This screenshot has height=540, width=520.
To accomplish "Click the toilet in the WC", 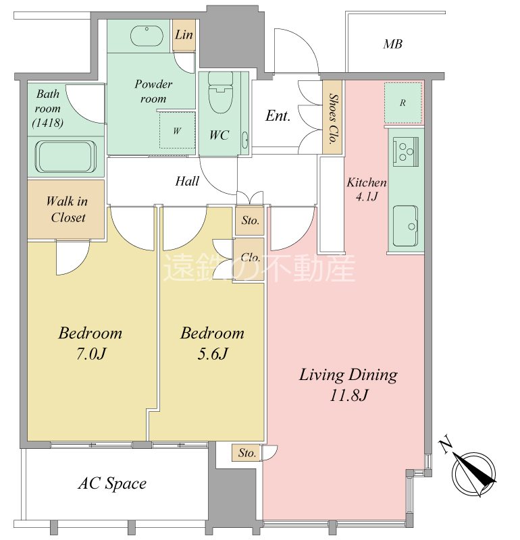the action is click(221, 92).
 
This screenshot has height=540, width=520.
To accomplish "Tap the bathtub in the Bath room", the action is click(65, 157).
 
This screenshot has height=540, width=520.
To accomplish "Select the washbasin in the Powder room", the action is click(147, 36).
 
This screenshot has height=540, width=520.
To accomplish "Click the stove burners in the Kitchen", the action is click(406, 151).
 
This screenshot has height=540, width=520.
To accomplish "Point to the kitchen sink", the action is click(406, 226).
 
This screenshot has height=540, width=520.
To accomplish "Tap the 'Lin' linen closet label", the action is click(184, 34).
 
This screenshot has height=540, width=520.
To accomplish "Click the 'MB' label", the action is click(392, 44).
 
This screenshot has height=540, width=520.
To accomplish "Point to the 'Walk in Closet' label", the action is click(67, 209).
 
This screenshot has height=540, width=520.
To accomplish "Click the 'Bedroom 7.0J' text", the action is click(90, 344).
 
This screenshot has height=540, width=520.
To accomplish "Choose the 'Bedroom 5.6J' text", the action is click(212, 344).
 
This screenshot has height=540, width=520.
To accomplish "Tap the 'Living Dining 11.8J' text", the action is click(348, 384).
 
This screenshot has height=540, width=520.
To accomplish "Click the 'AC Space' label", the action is click(112, 483).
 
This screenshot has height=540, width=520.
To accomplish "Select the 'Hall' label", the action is click(187, 181).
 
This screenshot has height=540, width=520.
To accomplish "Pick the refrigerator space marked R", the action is click(403, 103).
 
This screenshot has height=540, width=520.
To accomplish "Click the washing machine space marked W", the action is click(177, 130).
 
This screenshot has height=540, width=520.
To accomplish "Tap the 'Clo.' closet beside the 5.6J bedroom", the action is click(249, 258).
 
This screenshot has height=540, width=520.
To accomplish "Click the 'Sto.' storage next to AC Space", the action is click(247, 453).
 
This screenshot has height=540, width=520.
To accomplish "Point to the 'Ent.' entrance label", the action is click(278, 115).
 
